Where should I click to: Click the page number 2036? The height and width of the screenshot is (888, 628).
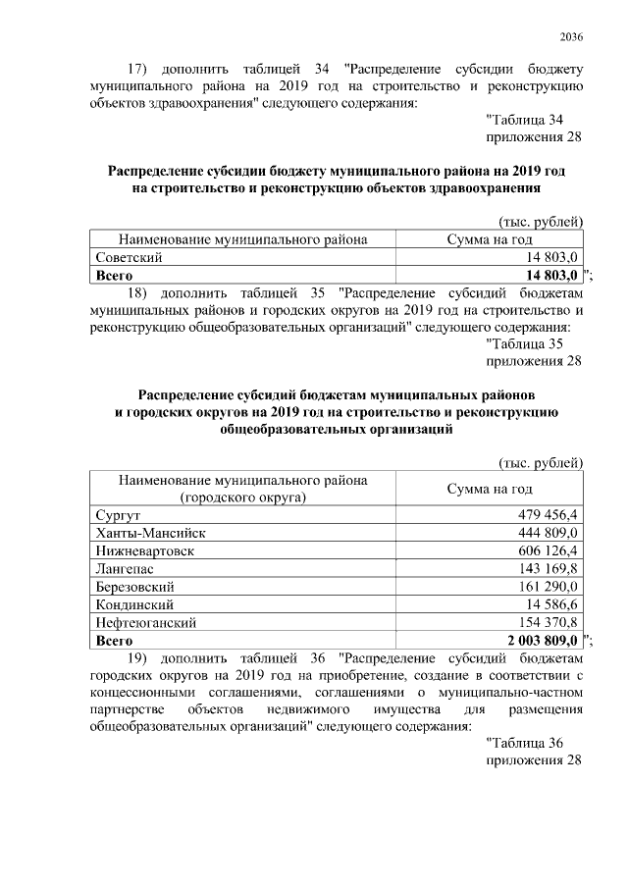(571, 38)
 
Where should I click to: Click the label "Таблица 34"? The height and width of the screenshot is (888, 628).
(528, 119)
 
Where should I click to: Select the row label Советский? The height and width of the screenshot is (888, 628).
(130, 257)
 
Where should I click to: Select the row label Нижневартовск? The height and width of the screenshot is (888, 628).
(145, 550)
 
